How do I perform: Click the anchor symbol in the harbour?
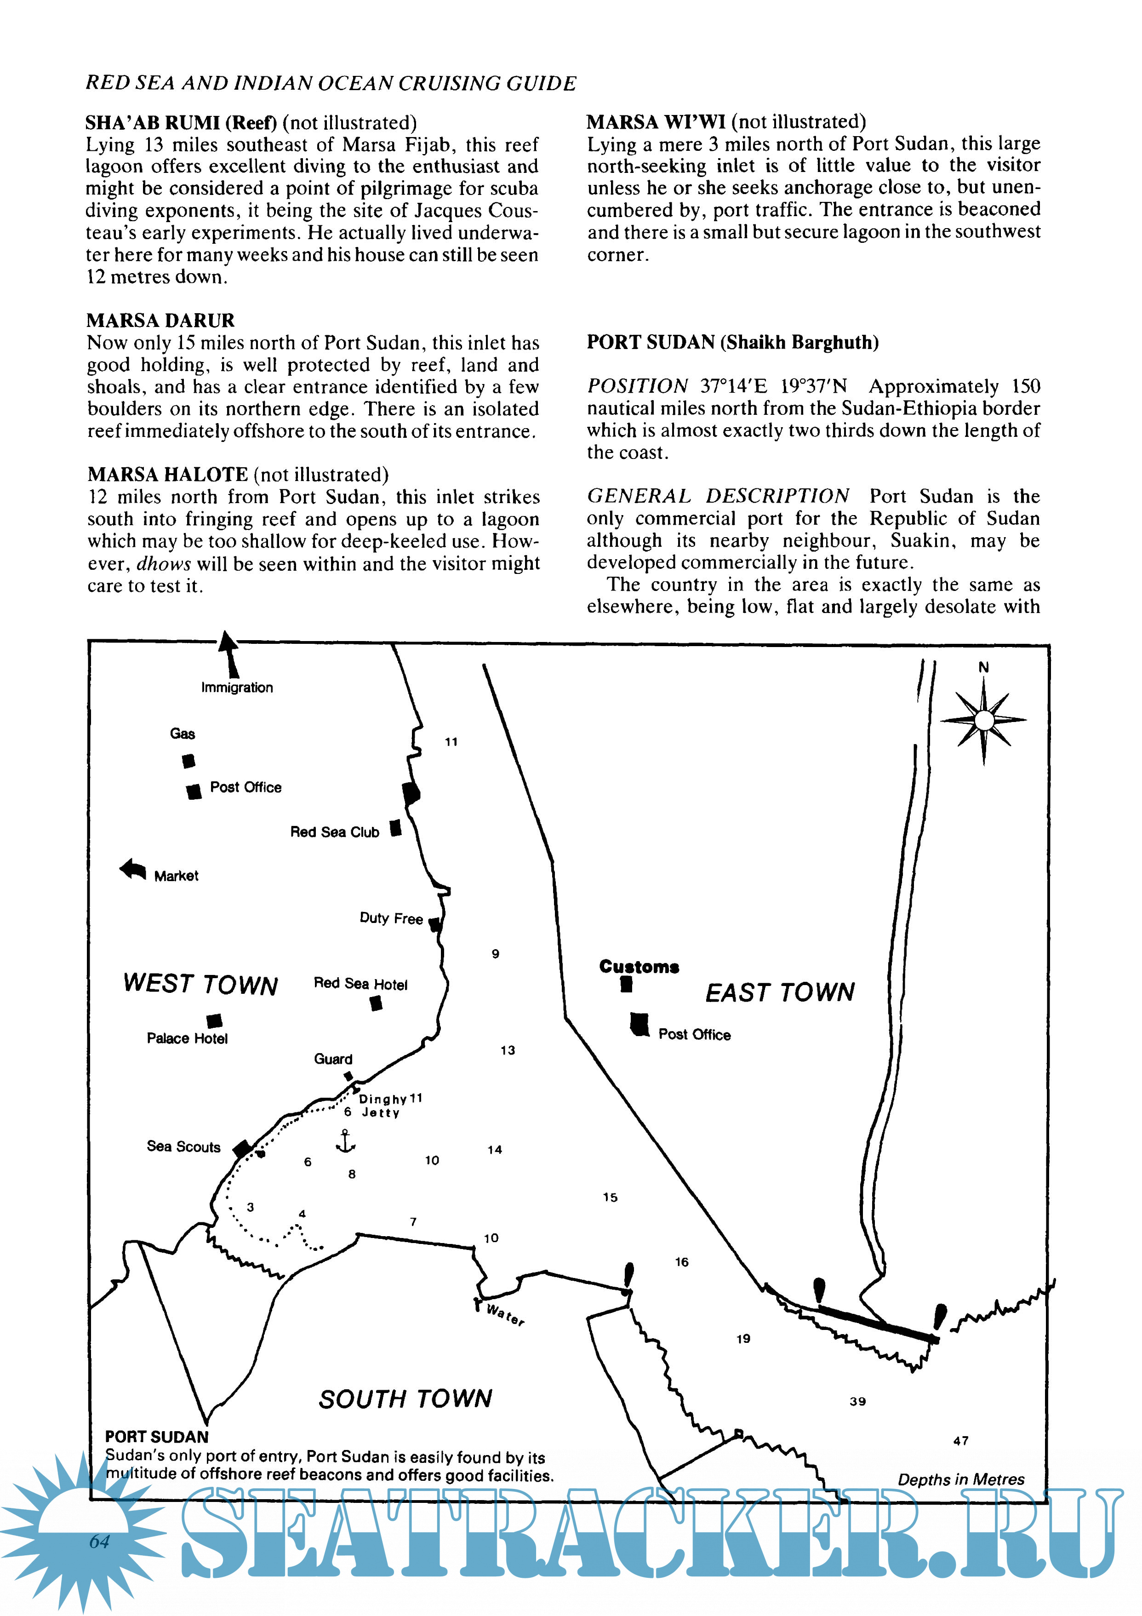coord(345,1141)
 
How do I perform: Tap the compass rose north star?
coord(984,720)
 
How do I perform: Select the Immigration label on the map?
coord(237,688)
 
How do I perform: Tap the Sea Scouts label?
coord(183,1146)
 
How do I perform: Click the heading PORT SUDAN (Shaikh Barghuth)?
coord(732,342)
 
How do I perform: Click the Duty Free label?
coord(391,918)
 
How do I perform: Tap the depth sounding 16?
coord(681,1262)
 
